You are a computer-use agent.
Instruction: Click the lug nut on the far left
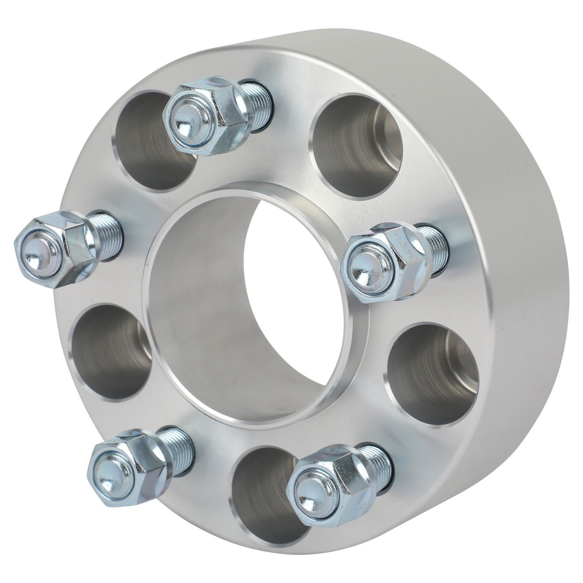[55, 248]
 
